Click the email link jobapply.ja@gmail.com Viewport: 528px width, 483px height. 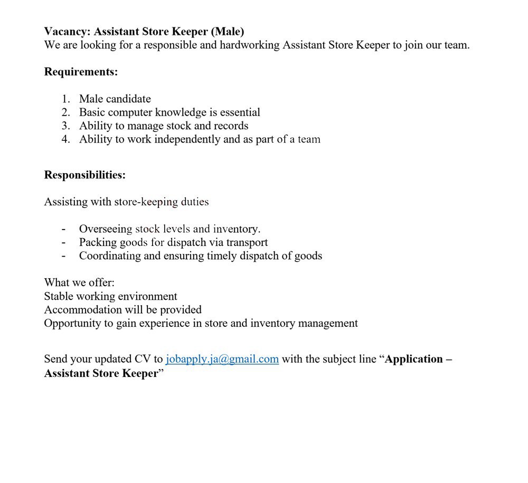(x=222, y=359)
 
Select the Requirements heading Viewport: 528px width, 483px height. (x=81, y=72)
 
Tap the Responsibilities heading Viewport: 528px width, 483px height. (x=84, y=175)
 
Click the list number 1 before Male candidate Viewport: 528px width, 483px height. (x=65, y=99)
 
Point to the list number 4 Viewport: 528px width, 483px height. (x=65, y=140)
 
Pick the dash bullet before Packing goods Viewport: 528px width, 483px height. (x=64, y=243)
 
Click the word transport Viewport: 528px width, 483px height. (x=247, y=243)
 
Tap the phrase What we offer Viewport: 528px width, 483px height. (x=79, y=282)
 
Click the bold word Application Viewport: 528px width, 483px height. (x=414, y=359)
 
